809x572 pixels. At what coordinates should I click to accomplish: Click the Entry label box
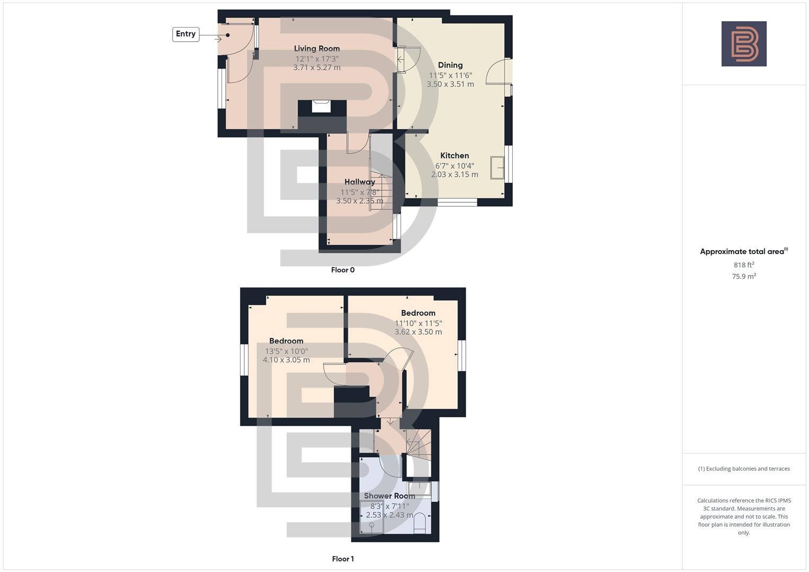click(x=185, y=34)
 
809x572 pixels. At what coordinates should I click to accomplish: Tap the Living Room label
click(x=317, y=48)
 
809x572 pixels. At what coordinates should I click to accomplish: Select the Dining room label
click(x=450, y=65)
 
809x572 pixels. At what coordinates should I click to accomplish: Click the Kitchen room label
click(x=455, y=156)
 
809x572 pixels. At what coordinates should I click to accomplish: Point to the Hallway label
click(x=359, y=182)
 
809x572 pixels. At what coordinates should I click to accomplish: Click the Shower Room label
click(x=389, y=496)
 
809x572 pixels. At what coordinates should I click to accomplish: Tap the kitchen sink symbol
click(x=497, y=168)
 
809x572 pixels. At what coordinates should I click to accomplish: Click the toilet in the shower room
click(x=420, y=522)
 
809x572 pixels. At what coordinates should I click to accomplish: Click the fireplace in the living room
click(x=321, y=106)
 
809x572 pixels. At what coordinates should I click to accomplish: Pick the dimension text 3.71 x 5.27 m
click(x=317, y=68)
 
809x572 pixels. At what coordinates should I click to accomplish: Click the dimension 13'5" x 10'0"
click(x=286, y=351)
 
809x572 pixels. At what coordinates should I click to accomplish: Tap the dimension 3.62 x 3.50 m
click(x=418, y=332)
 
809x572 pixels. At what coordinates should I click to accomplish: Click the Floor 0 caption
click(x=343, y=270)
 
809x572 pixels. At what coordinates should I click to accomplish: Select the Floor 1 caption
click(x=343, y=559)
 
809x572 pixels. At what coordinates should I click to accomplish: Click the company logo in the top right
click(x=744, y=44)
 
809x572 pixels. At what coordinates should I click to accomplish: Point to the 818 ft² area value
click(x=744, y=265)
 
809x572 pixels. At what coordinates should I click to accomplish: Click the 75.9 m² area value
click(x=744, y=276)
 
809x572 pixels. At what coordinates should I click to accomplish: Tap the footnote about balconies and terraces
click(x=744, y=469)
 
